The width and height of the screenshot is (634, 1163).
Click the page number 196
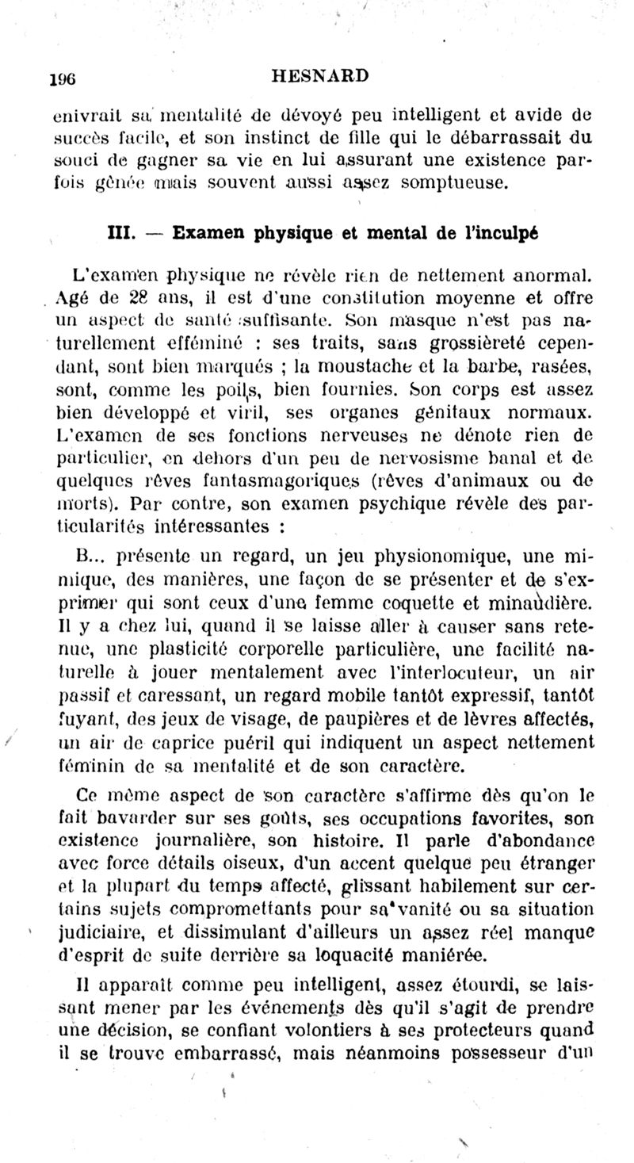coord(61,78)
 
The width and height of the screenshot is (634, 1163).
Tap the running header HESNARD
coord(319,76)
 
